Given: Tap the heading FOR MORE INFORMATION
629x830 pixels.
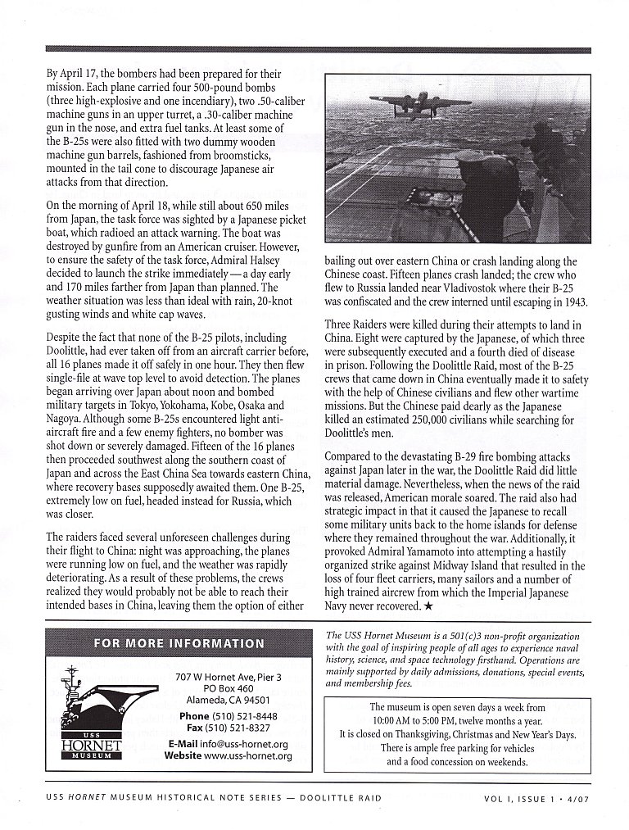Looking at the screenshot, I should click(x=179, y=643).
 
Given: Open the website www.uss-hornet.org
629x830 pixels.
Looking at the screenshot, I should click(x=248, y=755).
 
